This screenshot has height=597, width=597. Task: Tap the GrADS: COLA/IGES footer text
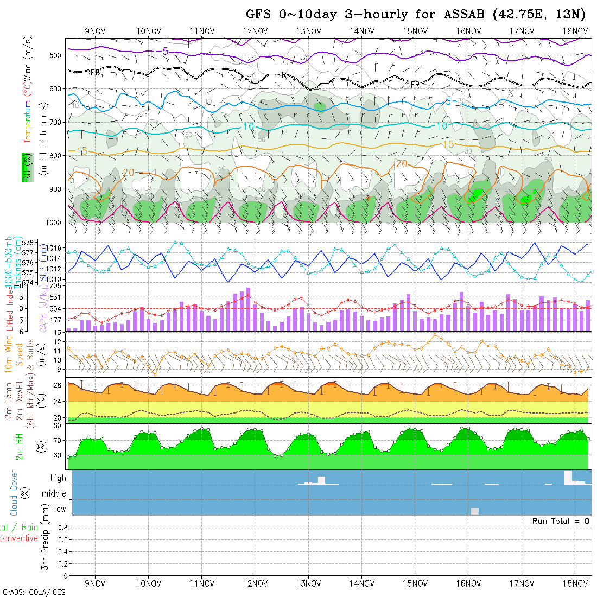point(34,592)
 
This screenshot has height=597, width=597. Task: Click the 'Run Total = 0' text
point(561,521)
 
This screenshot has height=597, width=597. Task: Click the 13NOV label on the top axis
point(308,31)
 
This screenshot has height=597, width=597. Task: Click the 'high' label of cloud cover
point(58,478)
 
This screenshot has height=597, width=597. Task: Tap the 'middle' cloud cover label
point(54,494)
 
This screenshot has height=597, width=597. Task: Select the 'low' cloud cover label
point(60,509)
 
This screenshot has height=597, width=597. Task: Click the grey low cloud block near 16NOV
point(475,511)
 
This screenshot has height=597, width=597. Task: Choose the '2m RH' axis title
point(19,446)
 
